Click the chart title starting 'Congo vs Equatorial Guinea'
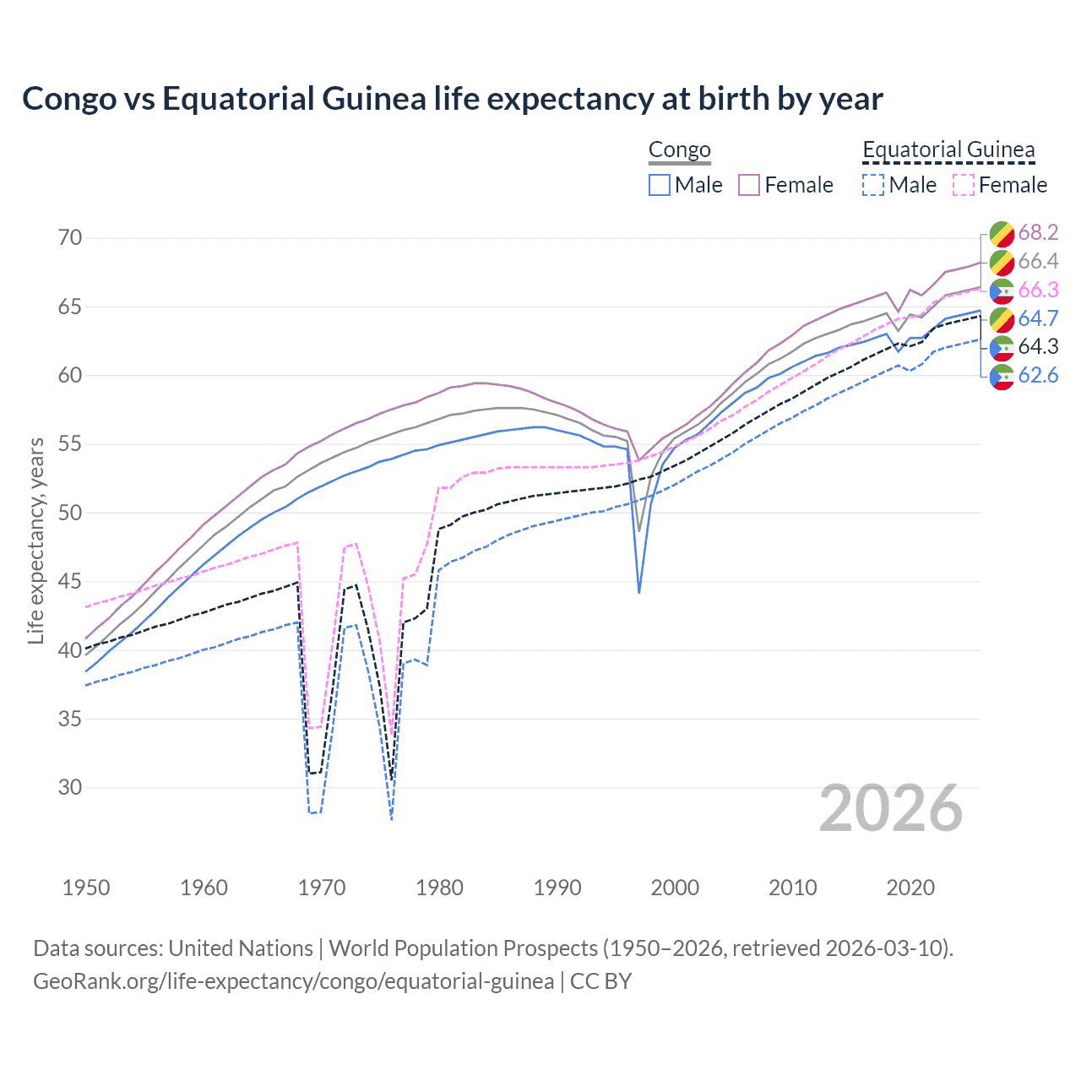point(452,99)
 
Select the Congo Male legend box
point(660,185)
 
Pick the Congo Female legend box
point(749,185)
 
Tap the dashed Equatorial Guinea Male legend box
point(873,185)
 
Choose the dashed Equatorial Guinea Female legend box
point(964,185)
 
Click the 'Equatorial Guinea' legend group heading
point(948,150)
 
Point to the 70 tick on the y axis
point(70,237)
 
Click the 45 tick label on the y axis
point(70,581)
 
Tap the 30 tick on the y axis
point(70,787)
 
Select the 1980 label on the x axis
point(439,888)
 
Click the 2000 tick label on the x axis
point(675,888)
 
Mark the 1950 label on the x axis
point(86,888)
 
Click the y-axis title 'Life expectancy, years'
point(35,540)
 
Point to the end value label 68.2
point(1038,232)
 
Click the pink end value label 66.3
point(1038,290)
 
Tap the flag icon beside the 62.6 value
point(1002,376)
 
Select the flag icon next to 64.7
point(1002,318)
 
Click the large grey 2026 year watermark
point(890,808)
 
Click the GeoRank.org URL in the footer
point(293,981)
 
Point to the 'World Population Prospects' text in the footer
point(462,948)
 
